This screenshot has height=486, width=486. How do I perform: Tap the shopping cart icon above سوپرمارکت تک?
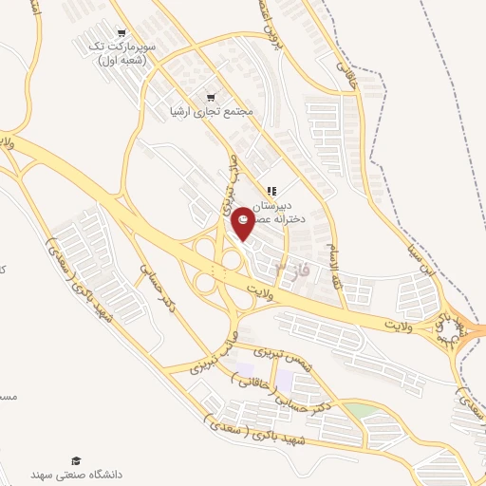120,31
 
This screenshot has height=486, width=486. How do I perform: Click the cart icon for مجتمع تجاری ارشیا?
211,97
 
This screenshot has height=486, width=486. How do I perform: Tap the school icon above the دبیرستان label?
272,191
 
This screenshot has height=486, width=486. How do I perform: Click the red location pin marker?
243,221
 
